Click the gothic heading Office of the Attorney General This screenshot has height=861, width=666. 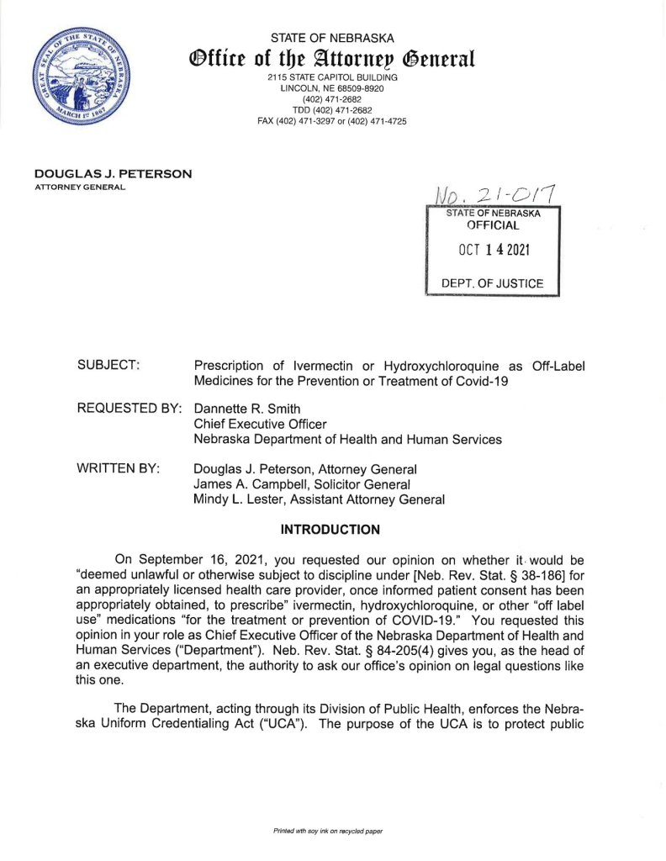point(332,60)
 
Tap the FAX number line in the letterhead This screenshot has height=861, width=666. point(332,121)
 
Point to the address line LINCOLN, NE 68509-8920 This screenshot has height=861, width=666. point(332,88)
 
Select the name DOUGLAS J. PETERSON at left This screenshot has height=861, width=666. point(114,174)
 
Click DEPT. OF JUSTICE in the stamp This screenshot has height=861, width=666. point(493,283)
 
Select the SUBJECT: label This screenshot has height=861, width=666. point(108,366)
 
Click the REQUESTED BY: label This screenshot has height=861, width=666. point(129,408)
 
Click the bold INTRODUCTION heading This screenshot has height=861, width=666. point(330,530)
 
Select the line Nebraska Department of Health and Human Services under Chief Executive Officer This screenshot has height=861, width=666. point(347,439)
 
